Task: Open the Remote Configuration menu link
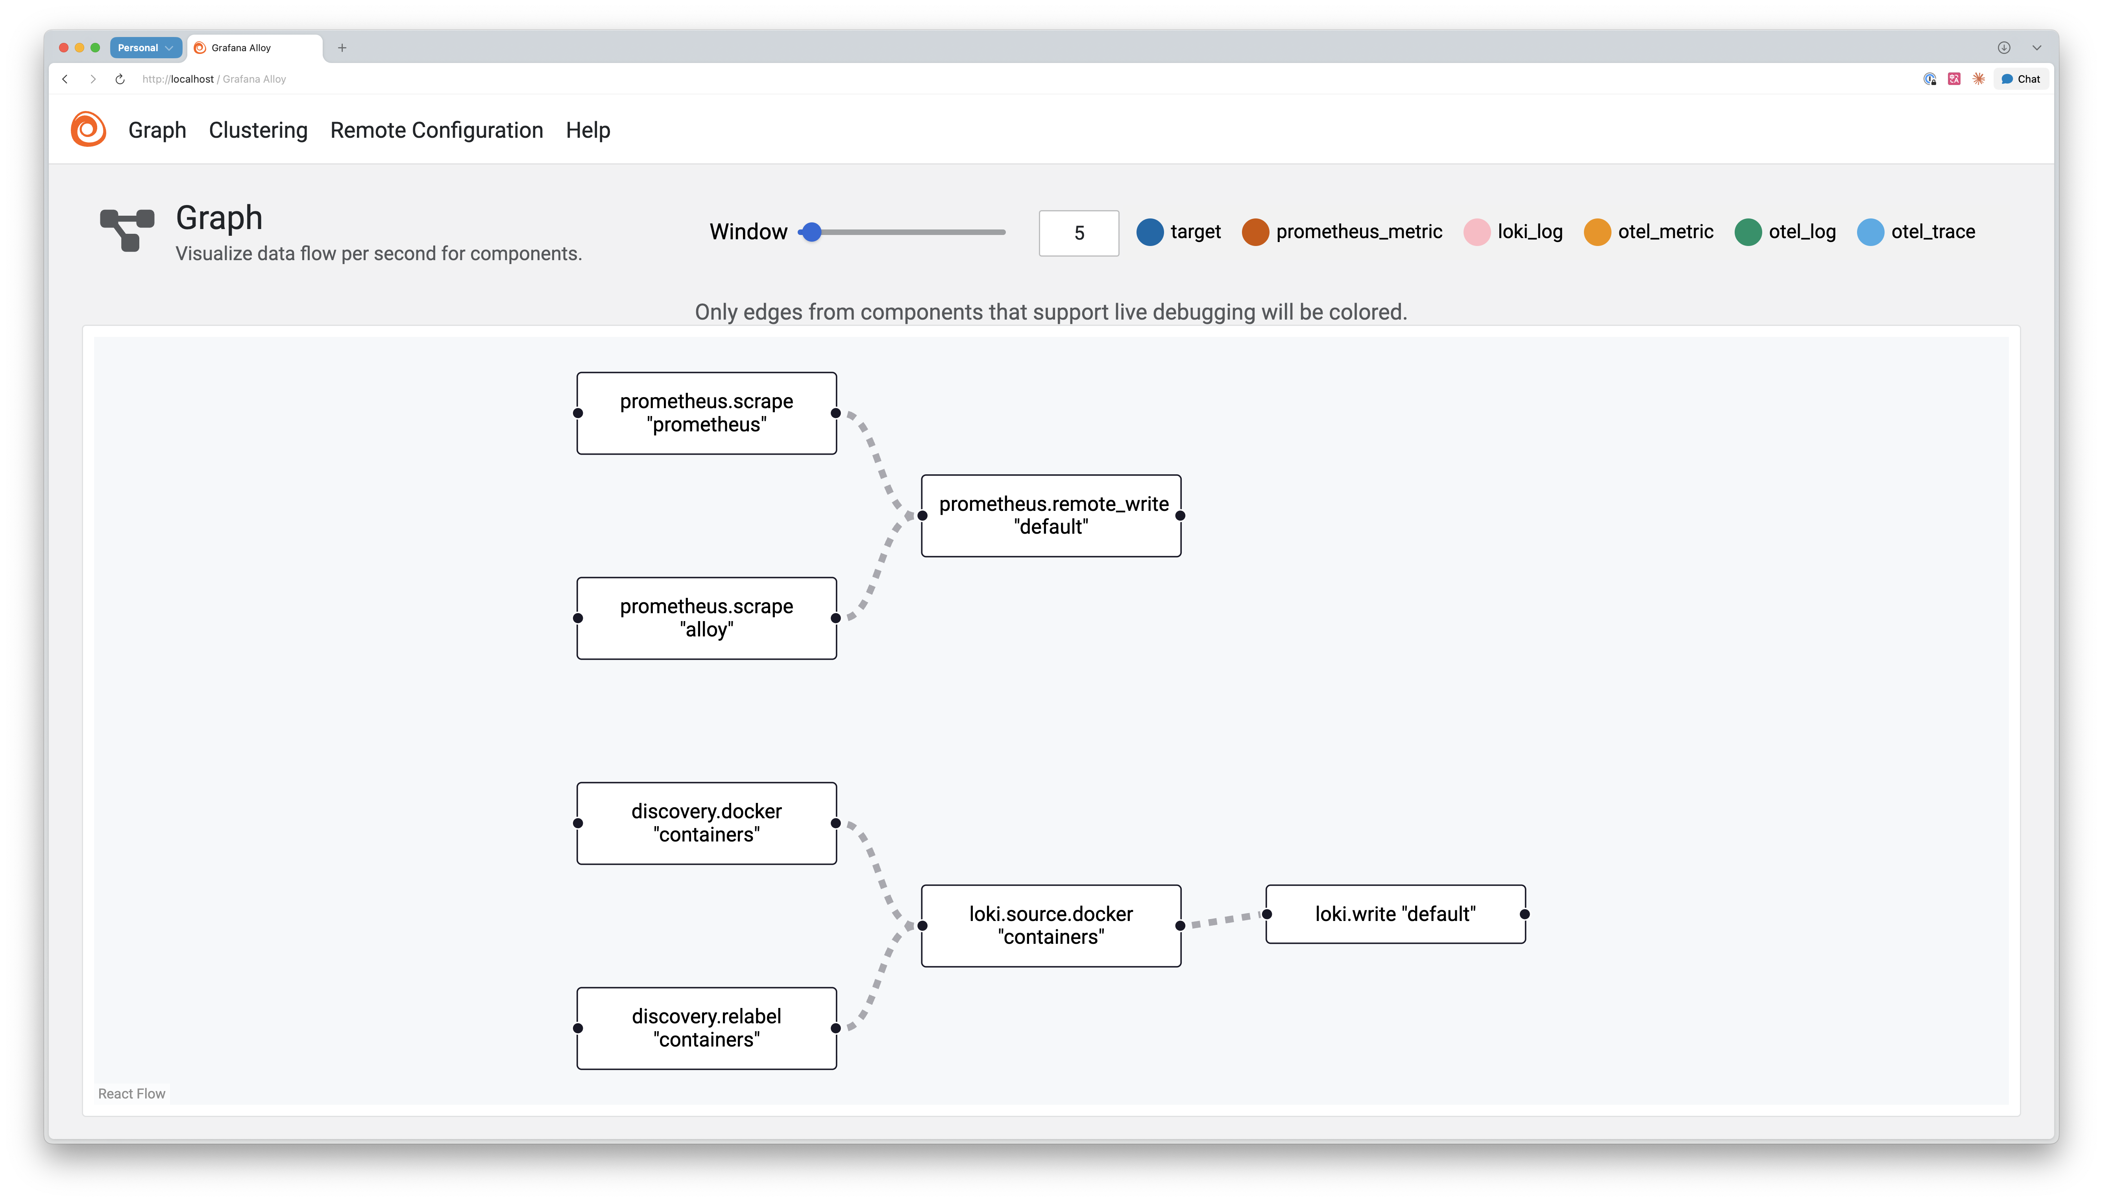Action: coord(436,130)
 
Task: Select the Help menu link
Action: coord(588,130)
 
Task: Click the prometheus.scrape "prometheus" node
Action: coord(706,413)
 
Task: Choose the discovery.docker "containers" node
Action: coord(706,823)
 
